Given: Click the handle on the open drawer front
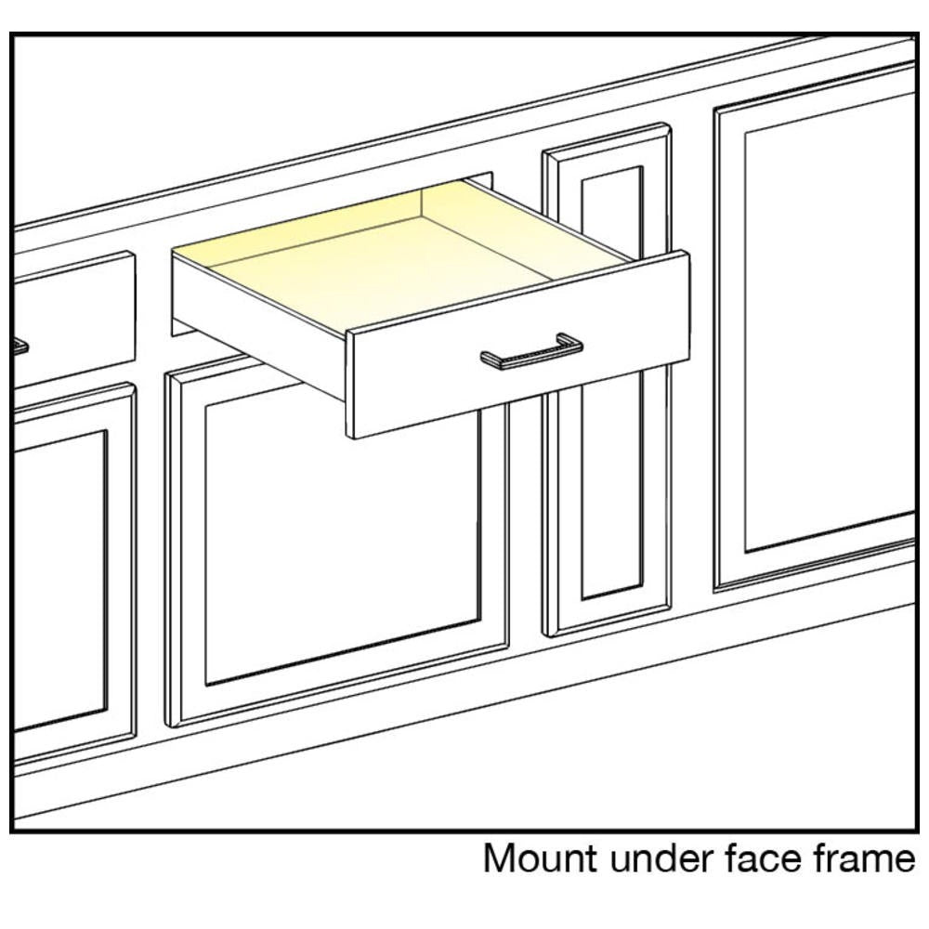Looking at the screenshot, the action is click(x=531, y=352).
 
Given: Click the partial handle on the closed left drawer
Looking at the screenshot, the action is click(x=20, y=346).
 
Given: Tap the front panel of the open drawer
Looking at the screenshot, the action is click(x=518, y=345).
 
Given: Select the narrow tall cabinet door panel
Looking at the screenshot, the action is click(x=608, y=379).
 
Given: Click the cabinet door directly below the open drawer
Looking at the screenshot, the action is click(x=338, y=551).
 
